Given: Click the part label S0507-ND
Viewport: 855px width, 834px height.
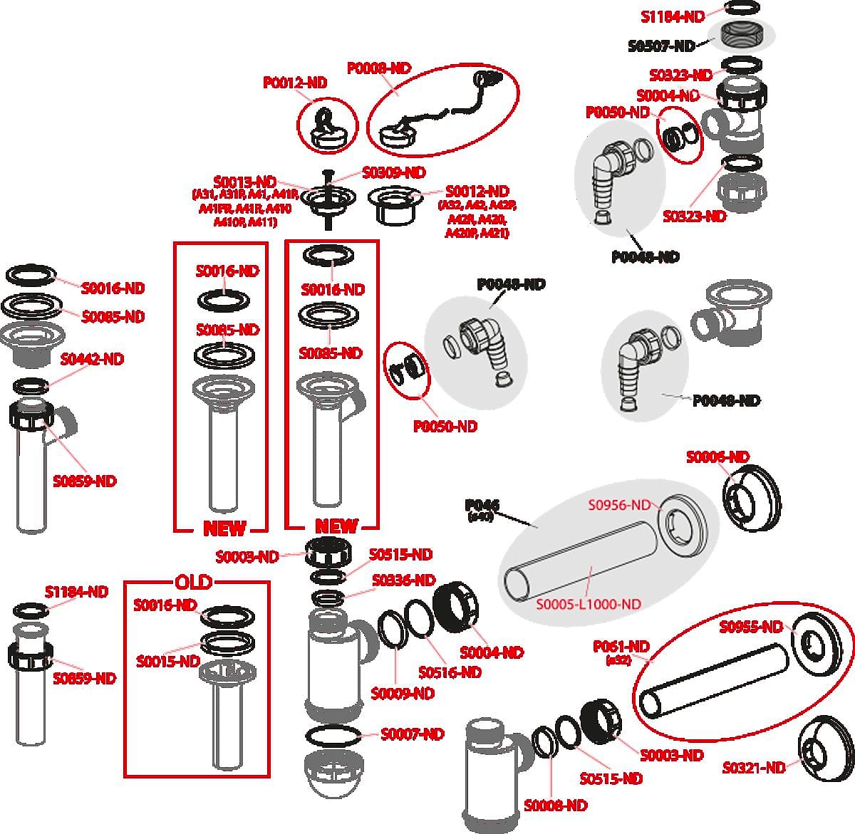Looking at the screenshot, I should tap(661, 46).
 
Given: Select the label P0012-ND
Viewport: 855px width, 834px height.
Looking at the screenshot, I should tap(295, 83).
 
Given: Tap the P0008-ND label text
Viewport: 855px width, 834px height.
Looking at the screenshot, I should tap(379, 68).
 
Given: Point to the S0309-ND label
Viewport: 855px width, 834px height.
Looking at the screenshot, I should tap(393, 173).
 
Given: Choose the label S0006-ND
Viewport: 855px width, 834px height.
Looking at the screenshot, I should tap(717, 457).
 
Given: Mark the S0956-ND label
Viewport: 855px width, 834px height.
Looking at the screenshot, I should tap(619, 505).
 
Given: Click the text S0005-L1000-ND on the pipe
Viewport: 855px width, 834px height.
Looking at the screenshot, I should tap(589, 604).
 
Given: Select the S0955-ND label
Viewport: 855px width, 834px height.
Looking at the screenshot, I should tap(750, 627).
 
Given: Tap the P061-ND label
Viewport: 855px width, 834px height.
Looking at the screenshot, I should tap(621, 647).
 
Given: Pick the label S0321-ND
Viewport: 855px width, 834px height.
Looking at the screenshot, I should tap(754, 768).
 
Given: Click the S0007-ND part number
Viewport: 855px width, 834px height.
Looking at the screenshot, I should tap(412, 734).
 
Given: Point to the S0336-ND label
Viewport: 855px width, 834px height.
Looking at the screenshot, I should tap(403, 580).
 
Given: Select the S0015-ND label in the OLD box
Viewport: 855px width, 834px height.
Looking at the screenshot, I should tap(167, 662).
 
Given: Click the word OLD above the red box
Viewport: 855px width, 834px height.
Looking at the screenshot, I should tap(193, 582).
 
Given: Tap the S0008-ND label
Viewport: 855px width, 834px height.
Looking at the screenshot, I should tap(556, 806).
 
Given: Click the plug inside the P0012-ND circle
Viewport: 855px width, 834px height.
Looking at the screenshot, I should tap(328, 128).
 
